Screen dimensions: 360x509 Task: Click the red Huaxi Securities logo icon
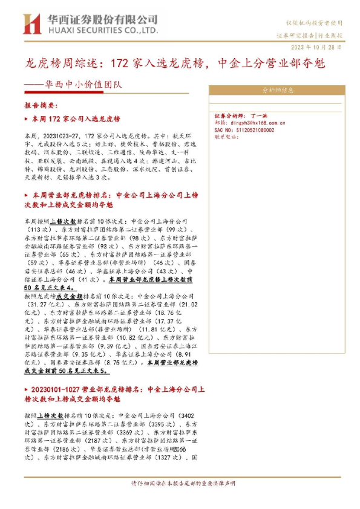click(31, 23)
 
